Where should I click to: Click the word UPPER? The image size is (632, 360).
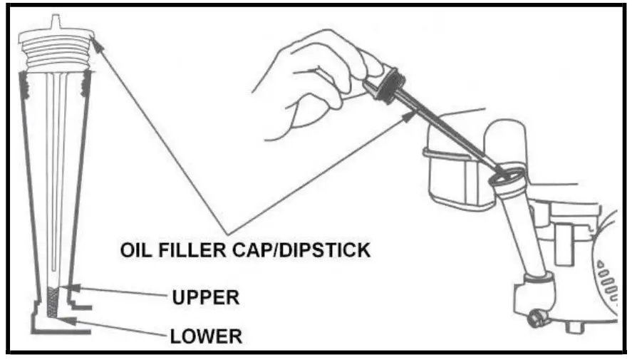point(206,297)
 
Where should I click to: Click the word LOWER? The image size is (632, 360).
point(206,336)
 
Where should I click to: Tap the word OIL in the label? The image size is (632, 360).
point(135,250)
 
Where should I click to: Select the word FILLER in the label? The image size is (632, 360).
point(192,250)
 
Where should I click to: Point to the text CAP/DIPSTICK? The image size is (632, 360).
point(301,250)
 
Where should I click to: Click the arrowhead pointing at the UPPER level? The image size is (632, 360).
point(74,288)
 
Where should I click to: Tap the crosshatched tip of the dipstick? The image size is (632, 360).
point(53,302)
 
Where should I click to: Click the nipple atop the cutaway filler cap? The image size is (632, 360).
point(56,22)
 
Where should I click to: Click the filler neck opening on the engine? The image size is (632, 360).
point(507,176)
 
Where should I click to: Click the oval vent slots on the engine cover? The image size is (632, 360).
point(607,280)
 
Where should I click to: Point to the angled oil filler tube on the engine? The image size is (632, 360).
point(520,226)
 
